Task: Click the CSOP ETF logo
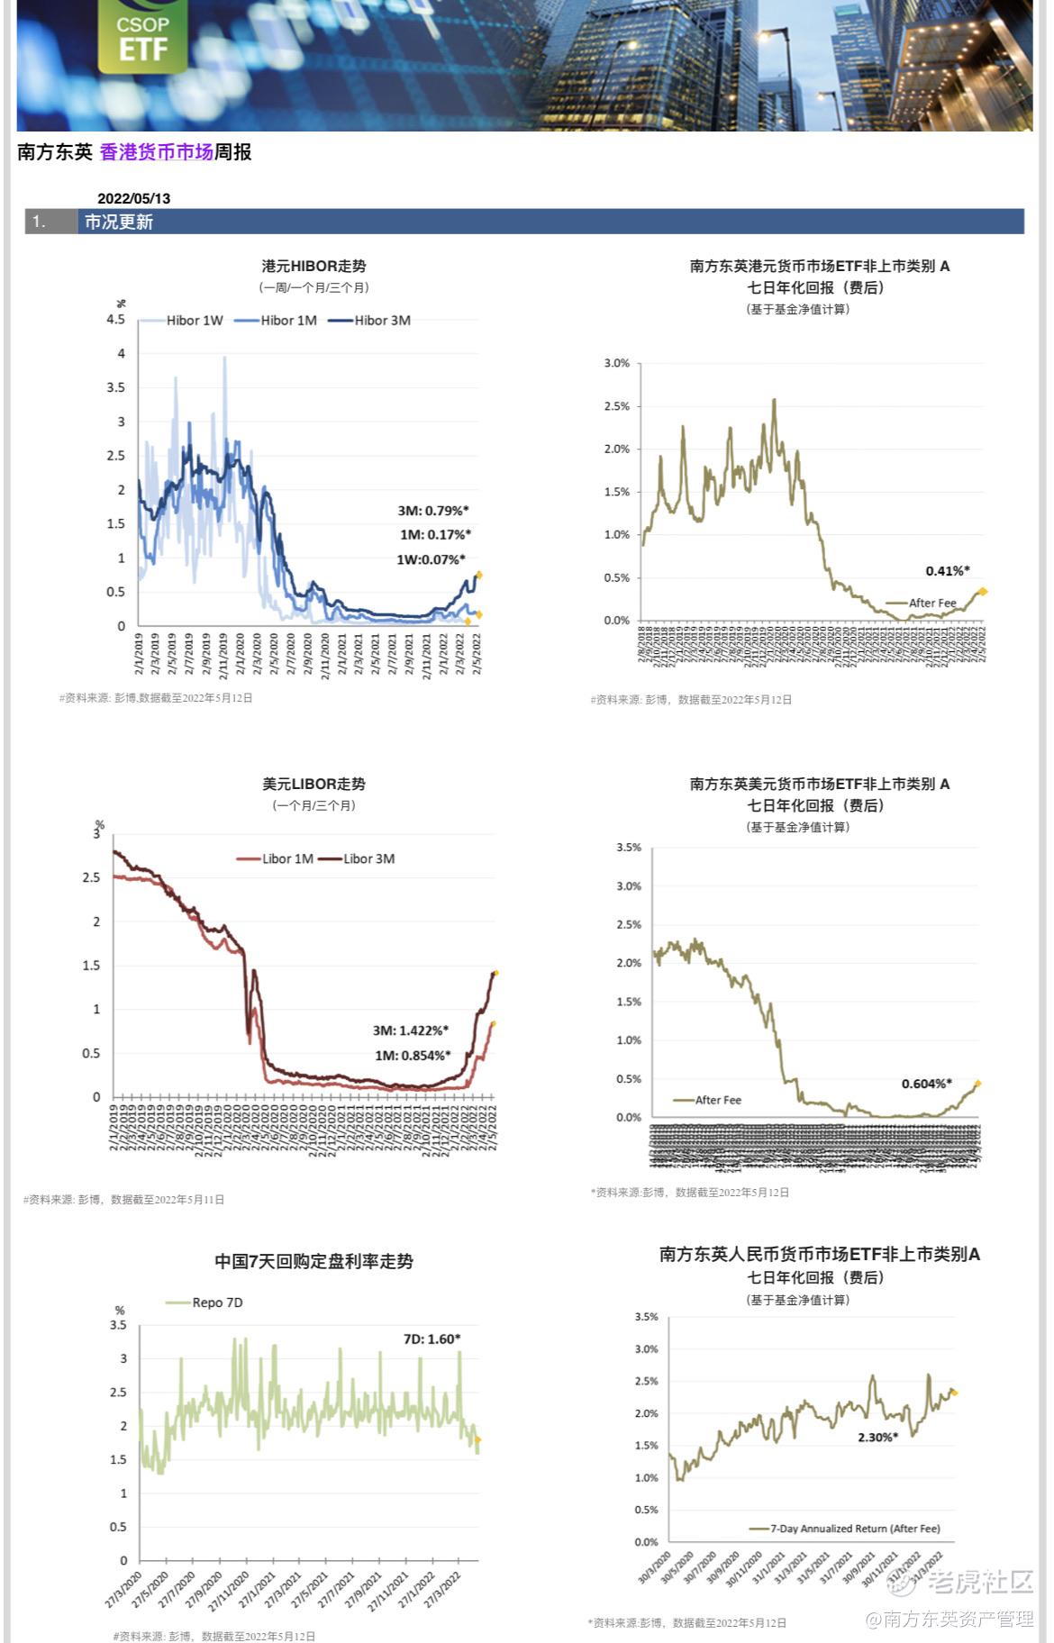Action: (x=142, y=36)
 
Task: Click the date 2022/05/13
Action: (x=133, y=198)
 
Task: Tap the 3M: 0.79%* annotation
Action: (x=433, y=511)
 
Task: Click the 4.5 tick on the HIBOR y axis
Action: (x=115, y=320)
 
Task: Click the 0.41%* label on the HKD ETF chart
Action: (x=947, y=571)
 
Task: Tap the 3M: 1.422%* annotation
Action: (x=410, y=1030)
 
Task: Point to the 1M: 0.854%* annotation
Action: (x=413, y=1055)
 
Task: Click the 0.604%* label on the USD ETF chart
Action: (x=926, y=1084)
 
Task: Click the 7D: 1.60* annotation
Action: (x=432, y=1339)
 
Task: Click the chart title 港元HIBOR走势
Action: (x=313, y=267)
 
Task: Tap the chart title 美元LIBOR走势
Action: (x=313, y=785)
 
